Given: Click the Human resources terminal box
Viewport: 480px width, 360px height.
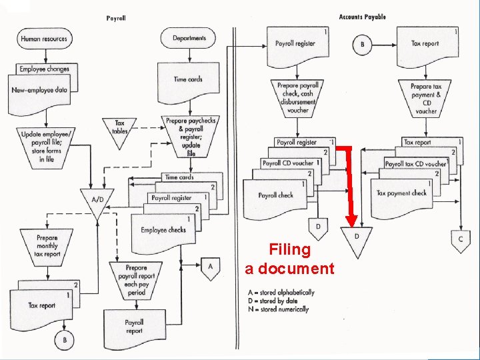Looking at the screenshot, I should click(44, 39).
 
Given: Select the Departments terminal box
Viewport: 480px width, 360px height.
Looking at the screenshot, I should click(189, 39).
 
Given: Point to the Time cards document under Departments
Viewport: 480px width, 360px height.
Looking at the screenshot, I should click(189, 79).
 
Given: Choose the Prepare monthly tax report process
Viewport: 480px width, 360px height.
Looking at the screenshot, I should click(47, 245).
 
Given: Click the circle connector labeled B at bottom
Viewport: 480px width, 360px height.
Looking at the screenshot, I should click(65, 339).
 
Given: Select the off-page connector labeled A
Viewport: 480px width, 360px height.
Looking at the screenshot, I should click(210, 267).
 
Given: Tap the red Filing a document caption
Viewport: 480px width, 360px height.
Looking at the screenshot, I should click(289, 259).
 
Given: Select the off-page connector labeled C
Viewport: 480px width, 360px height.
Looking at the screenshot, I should click(460, 239).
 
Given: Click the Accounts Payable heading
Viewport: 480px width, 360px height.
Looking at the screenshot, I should click(362, 17).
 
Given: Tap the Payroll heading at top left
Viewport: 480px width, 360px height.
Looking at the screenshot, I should click(116, 18).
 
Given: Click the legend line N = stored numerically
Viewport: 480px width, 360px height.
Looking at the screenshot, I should click(277, 309).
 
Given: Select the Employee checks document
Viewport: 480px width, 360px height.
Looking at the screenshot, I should click(163, 231).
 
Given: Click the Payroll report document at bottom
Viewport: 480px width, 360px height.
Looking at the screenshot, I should click(134, 327).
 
